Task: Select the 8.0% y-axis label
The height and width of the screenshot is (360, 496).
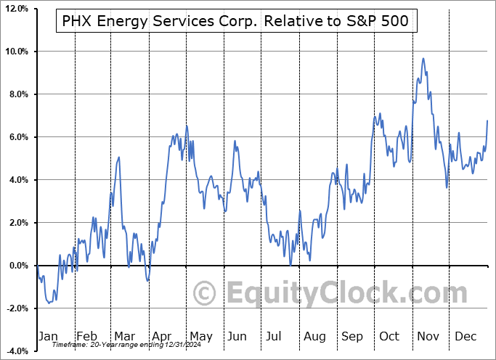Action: (x=17, y=94)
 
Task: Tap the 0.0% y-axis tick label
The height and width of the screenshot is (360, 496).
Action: (x=17, y=266)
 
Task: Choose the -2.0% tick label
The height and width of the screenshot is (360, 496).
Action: (x=16, y=308)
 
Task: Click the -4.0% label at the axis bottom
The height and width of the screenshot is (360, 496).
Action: (x=16, y=351)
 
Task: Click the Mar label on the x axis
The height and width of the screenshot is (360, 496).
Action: (x=125, y=336)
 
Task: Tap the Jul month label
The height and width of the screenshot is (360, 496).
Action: (x=275, y=336)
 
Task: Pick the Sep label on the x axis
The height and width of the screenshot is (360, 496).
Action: (x=352, y=336)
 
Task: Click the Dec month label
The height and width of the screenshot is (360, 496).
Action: (x=465, y=336)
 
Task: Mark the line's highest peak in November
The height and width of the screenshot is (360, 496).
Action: (x=423, y=59)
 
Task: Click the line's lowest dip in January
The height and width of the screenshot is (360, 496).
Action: (x=49, y=303)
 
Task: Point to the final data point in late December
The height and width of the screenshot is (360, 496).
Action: (x=487, y=120)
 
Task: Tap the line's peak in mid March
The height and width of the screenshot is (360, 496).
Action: (x=118, y=157)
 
